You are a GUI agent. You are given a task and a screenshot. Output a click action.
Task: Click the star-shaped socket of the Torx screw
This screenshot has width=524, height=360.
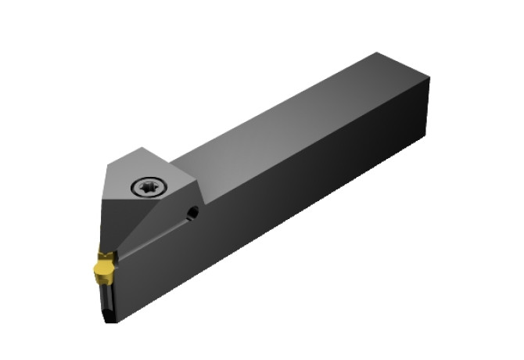click(146, 186)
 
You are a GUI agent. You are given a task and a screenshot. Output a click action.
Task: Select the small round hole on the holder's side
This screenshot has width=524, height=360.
click(192, 211)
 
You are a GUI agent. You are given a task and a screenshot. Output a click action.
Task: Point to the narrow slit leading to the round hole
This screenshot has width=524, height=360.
click(156, 233)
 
